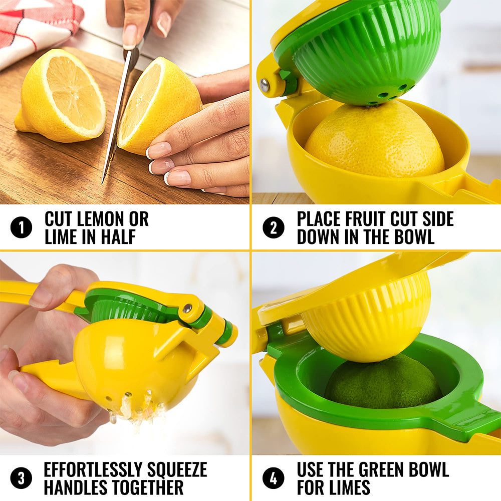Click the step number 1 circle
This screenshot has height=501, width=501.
click(x=21, y=228)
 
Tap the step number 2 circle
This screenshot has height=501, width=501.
click(x=273, y=228)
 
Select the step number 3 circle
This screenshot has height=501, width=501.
click(x=21, y=478)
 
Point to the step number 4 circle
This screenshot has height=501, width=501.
click(x=273, y=478)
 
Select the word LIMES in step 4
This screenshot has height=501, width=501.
click(x=345, y=487)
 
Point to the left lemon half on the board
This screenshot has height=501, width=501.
click(x=60, y=95)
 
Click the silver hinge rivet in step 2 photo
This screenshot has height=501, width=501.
click(x=265, y=86)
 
